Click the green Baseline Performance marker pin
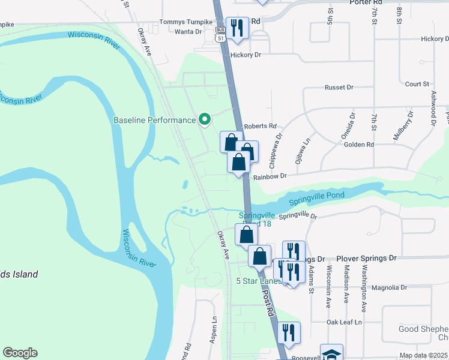(x=204, y=119)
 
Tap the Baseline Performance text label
(x=155, y=120)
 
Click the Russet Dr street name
(x=339, y=88)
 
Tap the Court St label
(x=417, y=85)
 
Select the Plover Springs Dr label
(x=366, y=258)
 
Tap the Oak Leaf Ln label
(x=345, y=322)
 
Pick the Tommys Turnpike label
(x=185, y=22)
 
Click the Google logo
(x=20, y=353)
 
